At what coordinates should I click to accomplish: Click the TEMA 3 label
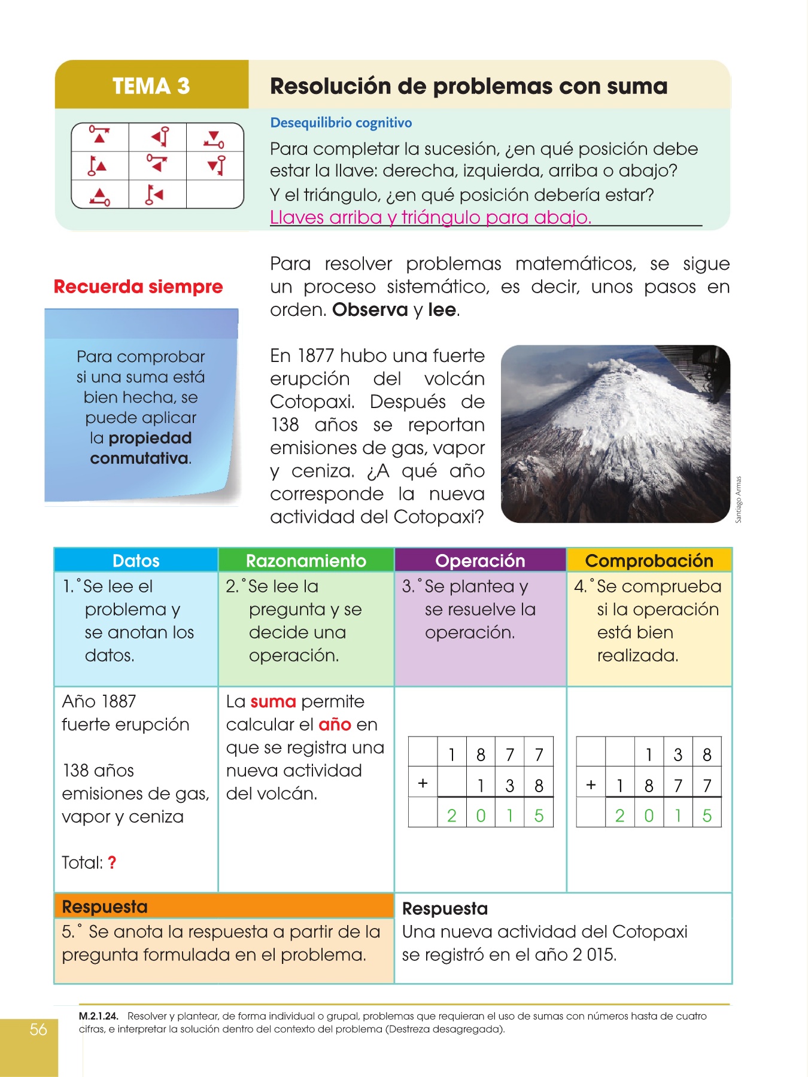click(x=151, y=86)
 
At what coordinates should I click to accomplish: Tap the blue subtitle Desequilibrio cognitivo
click(x=341, y=123)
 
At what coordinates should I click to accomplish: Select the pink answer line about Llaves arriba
click(x=430, y=217)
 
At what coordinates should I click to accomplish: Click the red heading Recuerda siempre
click(x=138, y=287)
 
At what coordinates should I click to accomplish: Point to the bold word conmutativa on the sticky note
click(x=139, y=458)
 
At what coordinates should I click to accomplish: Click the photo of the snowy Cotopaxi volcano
click(x=615, y=434)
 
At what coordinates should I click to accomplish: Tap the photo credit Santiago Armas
click(x=738, y=500)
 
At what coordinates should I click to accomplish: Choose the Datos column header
click(x=136, y=561)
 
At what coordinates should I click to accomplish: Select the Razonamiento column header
click(x=306, y=561)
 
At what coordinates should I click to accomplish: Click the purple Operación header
click(x=480, y=561)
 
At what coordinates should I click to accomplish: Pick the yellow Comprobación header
click(x=649, y=561)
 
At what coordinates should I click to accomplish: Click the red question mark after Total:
click(x=112, y=863)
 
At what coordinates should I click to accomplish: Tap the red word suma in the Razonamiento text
click(x=273, y=701)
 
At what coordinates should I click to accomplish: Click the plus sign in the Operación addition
click(x=423, y=783)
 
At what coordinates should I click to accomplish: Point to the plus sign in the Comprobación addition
click(x=591, y=784)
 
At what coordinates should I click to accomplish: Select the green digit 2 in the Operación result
click(x=452, y=816)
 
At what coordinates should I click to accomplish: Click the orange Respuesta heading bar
click(x=224, y=906)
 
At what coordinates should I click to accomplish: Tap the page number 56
click(x=38, y=1029)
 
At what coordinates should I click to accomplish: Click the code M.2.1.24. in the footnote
click(x=99, y=1016)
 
